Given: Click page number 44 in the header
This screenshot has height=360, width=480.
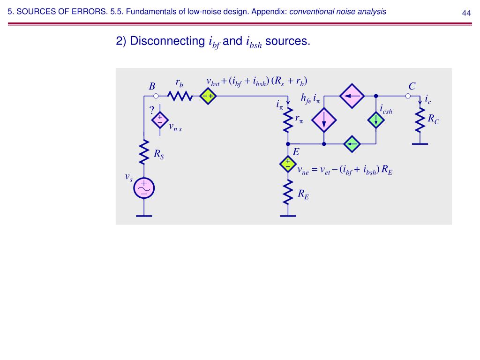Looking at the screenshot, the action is click(466, 13).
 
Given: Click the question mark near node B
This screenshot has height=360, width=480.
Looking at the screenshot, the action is click(151, 111).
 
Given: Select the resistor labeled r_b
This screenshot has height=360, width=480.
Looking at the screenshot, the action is click(180, 96).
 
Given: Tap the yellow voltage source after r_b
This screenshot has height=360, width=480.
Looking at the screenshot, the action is click(207, 96).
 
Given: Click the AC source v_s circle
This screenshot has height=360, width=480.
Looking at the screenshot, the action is click(144, 188).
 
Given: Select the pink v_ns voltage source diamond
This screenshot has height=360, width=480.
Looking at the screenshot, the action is click(160, 120).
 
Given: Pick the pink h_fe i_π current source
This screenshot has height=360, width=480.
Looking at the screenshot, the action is click(324, 120).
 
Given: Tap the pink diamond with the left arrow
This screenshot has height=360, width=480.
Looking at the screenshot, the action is click(352, 96).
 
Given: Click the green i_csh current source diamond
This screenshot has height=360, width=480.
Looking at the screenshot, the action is click(376, 120).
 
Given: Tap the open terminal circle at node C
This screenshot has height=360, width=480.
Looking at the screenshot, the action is click(408, 96).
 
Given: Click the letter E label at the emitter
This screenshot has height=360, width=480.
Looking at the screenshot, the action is click(296, 153).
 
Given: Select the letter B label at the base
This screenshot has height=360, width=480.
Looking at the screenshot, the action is click(152, 87).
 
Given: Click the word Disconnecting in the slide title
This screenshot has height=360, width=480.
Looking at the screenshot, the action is click(166, 41).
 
